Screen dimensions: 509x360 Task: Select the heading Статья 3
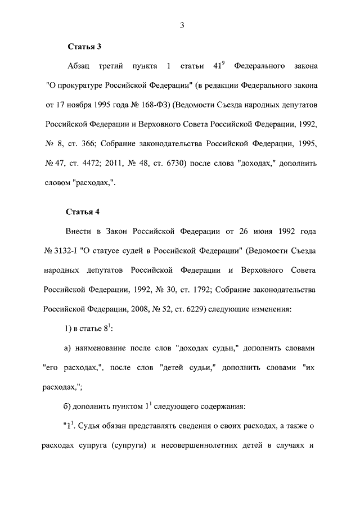(83, 46)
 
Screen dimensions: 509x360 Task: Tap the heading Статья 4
(83, 212)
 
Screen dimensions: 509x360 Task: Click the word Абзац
(79, 67)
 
